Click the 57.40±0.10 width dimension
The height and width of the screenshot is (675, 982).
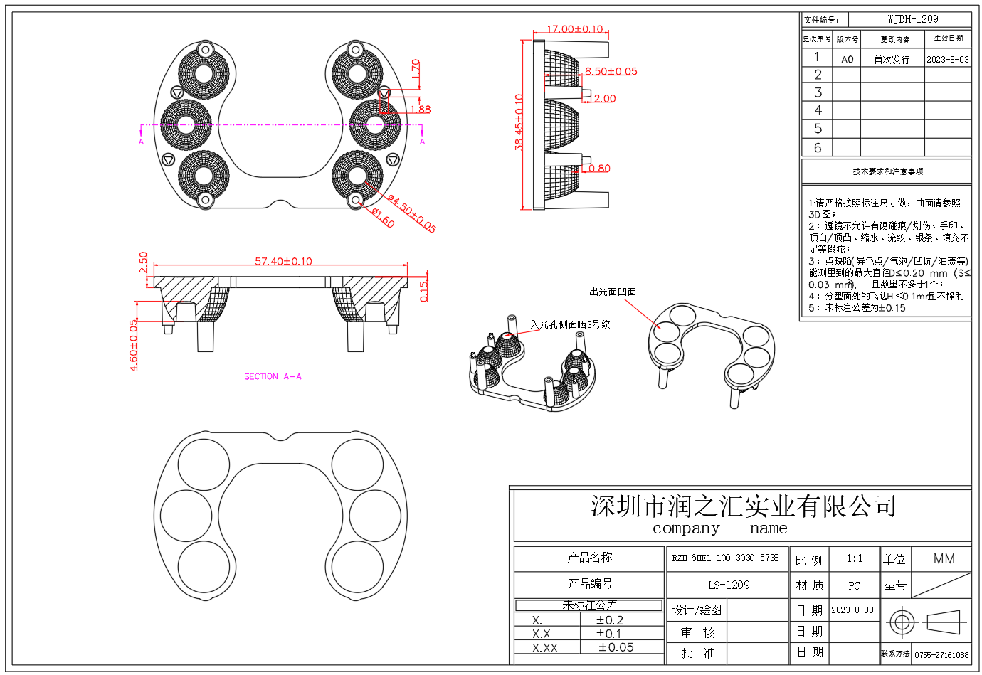[x=283, y=261]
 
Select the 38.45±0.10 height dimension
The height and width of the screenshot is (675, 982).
[x=519, y=122]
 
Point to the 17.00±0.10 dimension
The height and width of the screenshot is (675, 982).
[x=574, y=29]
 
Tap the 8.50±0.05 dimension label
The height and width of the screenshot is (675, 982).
[x=611, y=71]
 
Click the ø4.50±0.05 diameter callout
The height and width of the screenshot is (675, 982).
[x=412, y=214]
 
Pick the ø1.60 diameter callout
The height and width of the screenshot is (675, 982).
[x=382, y=218]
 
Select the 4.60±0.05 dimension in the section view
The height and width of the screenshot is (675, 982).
[x=134, y=345]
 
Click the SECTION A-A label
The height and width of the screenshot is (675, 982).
[x=273, y=376]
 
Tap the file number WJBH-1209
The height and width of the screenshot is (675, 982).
[x=912, y=19]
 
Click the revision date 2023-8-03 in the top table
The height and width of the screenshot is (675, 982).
[x=947, y=60]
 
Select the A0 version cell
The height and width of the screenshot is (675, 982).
[x=847, y=60]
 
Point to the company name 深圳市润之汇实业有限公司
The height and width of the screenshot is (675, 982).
[x=743, y=506]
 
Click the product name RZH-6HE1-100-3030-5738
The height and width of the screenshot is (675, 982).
[x=725, y=558]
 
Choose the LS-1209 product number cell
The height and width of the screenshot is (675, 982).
[x=728, y=585]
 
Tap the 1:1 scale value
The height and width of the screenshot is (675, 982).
[x=854, y=559]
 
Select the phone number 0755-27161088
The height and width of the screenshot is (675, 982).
[x=941, y=655]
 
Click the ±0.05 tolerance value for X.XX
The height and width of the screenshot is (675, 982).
[x=616, y=647]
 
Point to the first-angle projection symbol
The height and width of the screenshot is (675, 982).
[x=926, y=622]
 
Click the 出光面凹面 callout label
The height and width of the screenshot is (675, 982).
[x=612, y=292]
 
